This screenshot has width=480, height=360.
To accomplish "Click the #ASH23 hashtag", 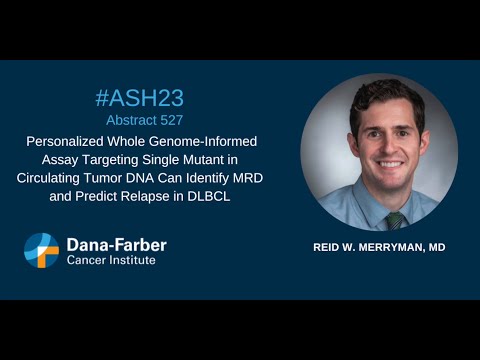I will point(139,97).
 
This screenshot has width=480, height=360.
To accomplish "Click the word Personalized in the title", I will point(68,142).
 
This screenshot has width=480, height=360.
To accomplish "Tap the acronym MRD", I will point(260,177).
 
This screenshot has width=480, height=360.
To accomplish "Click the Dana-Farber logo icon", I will point(42,251).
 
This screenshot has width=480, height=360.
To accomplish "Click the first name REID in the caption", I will point(331,246).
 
